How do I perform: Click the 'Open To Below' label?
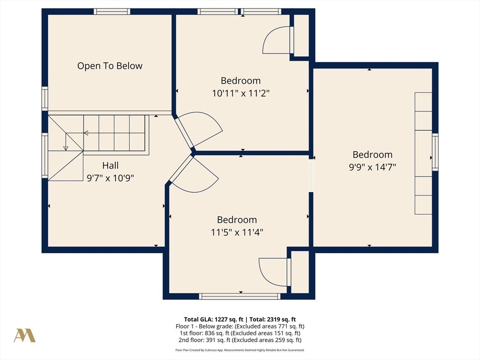click(x=110, y=66)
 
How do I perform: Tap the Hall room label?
click(x=110, y=165)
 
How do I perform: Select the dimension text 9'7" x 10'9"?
click(x=111, y=178)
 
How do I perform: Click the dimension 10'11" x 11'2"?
click(x=240, y=93)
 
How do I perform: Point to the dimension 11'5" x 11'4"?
click(x=237, y=232)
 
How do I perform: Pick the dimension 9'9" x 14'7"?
click(x=373, y=167)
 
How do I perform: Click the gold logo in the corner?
click(x=24, y=336)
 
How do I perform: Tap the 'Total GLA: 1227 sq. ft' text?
click(x=213, y=320)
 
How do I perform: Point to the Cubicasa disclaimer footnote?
click(x=240, y=350)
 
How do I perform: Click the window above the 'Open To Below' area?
click(x=112, y=12)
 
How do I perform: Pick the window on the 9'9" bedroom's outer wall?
click(x=435, y=152)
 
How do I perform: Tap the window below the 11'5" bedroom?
click(x=240, y=296)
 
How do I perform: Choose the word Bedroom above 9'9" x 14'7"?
click(x=373, y=155)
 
